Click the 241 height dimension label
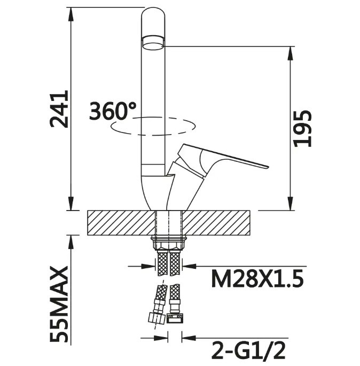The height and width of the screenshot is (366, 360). point(59,109)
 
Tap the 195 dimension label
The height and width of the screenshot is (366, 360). point(302,128)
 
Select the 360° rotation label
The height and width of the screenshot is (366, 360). point(113,111)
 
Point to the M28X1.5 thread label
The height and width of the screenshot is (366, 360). point(257,278)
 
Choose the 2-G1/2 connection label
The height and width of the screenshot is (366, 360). point(248,351)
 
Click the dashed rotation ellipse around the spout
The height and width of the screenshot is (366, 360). point(153,126)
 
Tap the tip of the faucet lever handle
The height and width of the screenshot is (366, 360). point(268,167)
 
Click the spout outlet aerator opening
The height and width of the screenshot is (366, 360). point(153,44)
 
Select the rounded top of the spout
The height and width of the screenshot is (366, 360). point(153,13)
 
